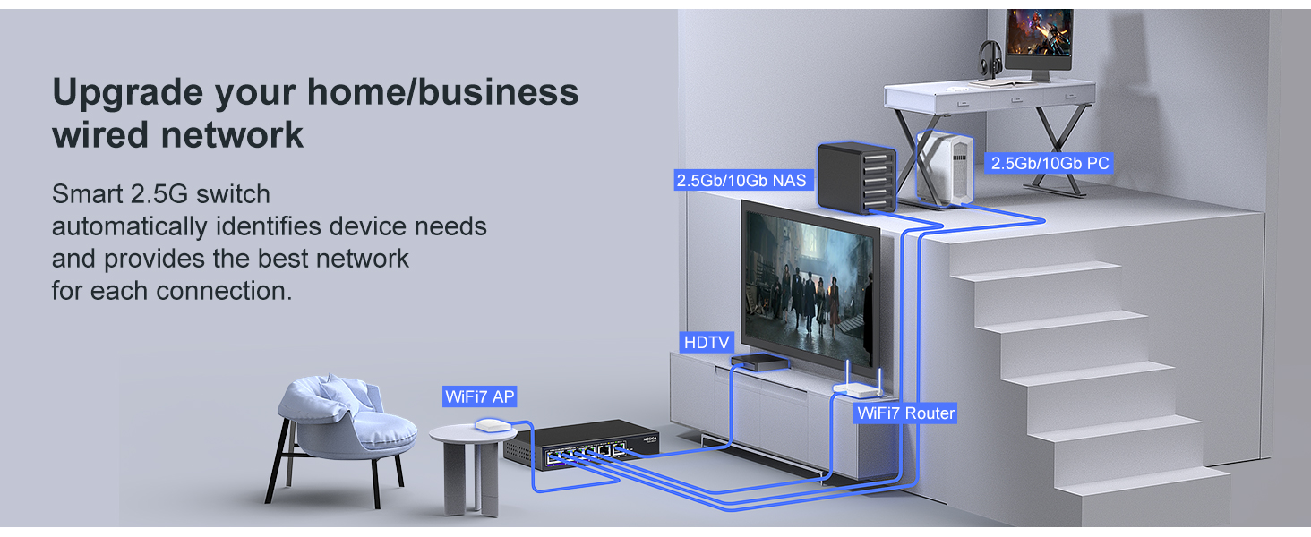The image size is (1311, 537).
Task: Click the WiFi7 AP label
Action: point(480,396)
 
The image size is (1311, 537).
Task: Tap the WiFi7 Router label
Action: point(906,413)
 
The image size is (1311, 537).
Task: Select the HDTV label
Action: point(707,342)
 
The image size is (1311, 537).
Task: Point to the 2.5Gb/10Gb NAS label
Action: point(741,180)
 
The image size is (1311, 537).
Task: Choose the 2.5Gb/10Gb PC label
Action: point(1050,163)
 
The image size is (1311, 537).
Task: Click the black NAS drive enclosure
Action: point(857,177)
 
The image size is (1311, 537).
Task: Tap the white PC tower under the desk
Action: point(945,168)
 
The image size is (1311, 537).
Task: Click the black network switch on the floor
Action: point(581,444)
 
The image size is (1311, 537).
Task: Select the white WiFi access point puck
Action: point(493,425)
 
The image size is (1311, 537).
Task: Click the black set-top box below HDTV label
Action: point(760,362)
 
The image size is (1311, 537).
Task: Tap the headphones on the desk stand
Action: point(990,58)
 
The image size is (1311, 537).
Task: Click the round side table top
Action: point(473,434)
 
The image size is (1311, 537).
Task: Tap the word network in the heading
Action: point(232,135)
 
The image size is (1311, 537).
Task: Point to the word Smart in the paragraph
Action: point(87,194)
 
